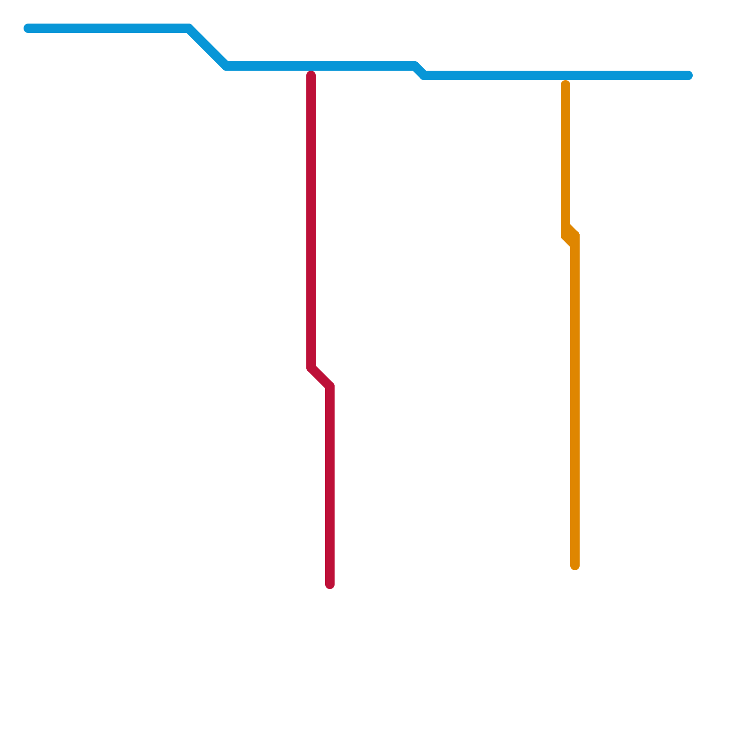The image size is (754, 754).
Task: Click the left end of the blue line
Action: [28, 28]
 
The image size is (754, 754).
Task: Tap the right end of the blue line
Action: [688, 75]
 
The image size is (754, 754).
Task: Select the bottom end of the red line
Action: [330, 585]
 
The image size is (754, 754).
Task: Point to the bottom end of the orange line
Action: [575, 566]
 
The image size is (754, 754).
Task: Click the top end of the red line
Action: [311, 74]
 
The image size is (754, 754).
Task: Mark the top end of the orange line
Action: [565, 84]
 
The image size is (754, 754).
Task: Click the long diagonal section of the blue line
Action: [207, 47]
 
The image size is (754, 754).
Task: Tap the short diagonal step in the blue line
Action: [419, 71]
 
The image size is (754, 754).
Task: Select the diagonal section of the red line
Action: [320, 377]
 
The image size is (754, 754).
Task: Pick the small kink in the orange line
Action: [570, 231]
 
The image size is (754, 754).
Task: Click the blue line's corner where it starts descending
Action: [188, 28]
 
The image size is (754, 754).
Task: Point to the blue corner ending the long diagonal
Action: [226, 66]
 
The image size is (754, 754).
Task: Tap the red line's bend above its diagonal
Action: [311, 368]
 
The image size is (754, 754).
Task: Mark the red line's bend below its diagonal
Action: [330, 386]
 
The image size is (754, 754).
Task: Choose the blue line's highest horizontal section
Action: [108, 28]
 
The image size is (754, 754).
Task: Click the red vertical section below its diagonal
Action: [330, 485]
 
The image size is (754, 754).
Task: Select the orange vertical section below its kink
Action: [575, 401]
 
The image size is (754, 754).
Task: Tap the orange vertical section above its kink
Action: [565, 156]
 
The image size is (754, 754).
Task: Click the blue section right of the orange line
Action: [627, 75]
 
